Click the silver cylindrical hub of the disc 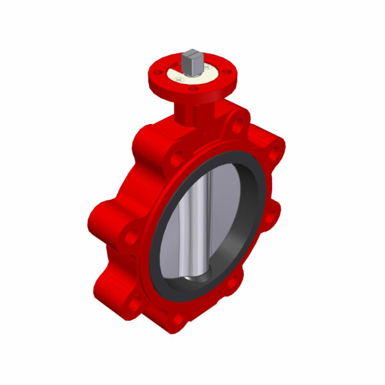click(193, 218)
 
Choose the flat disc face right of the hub click(225, 212)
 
